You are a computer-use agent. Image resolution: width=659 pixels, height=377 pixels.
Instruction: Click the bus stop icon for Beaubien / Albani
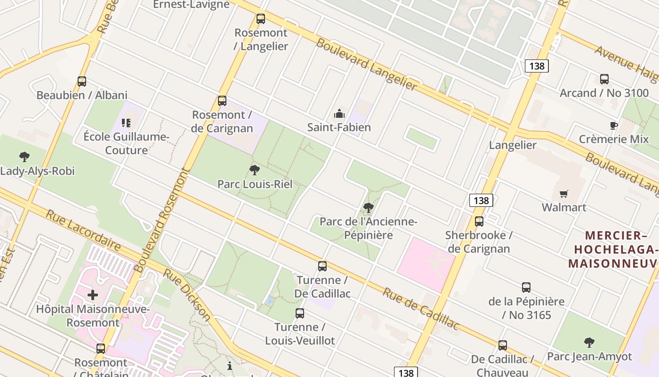point(82,82)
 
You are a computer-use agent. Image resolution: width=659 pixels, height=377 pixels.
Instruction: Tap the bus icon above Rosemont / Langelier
point(260,19)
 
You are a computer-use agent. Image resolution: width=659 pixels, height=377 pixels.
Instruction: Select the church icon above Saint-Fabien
point(339,114)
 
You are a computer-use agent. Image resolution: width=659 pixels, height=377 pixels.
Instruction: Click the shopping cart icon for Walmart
point(563,194)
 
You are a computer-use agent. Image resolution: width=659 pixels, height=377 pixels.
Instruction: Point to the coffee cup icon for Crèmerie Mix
point(613,125)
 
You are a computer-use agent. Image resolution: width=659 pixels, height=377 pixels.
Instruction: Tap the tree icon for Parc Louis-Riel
point(255,170)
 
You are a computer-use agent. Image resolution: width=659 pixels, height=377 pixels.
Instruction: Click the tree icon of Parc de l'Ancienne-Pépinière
point(369,207)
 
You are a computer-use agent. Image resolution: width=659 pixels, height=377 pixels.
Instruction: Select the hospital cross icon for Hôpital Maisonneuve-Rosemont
point(93,295)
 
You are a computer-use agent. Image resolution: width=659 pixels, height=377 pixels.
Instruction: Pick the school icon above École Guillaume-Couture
point(126,123)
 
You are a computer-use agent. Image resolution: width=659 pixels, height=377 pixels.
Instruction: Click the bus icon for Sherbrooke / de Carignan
point(479,221)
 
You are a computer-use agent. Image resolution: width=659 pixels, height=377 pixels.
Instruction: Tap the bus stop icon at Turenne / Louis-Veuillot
point(300,313)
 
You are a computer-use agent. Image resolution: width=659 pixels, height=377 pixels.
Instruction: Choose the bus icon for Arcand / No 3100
point(604,79)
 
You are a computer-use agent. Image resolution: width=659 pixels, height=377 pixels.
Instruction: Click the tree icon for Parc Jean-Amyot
point(589,343)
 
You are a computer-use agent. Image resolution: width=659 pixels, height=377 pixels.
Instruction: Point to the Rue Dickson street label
point(187,295)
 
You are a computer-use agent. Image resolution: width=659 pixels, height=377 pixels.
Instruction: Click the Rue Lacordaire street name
point(83,230)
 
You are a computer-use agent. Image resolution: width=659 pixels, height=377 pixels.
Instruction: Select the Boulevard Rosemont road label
point(161,221)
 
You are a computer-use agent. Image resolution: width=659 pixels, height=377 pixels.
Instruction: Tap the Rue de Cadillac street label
point(421,308)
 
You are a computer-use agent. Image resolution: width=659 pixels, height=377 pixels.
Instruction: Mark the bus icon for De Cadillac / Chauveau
point(503,345)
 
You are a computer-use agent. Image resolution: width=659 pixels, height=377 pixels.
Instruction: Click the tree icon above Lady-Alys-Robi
point(24,157)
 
